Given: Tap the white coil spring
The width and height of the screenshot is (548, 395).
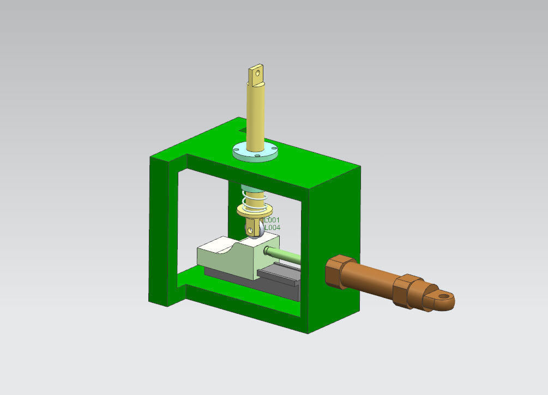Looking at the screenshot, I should tap(252, 203).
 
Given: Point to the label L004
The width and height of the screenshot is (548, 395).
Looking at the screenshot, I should tap(272, 227).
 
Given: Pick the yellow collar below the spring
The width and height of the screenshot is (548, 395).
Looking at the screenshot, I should tap(244, 212).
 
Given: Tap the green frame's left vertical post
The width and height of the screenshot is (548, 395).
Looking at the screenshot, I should tap(162, 229).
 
